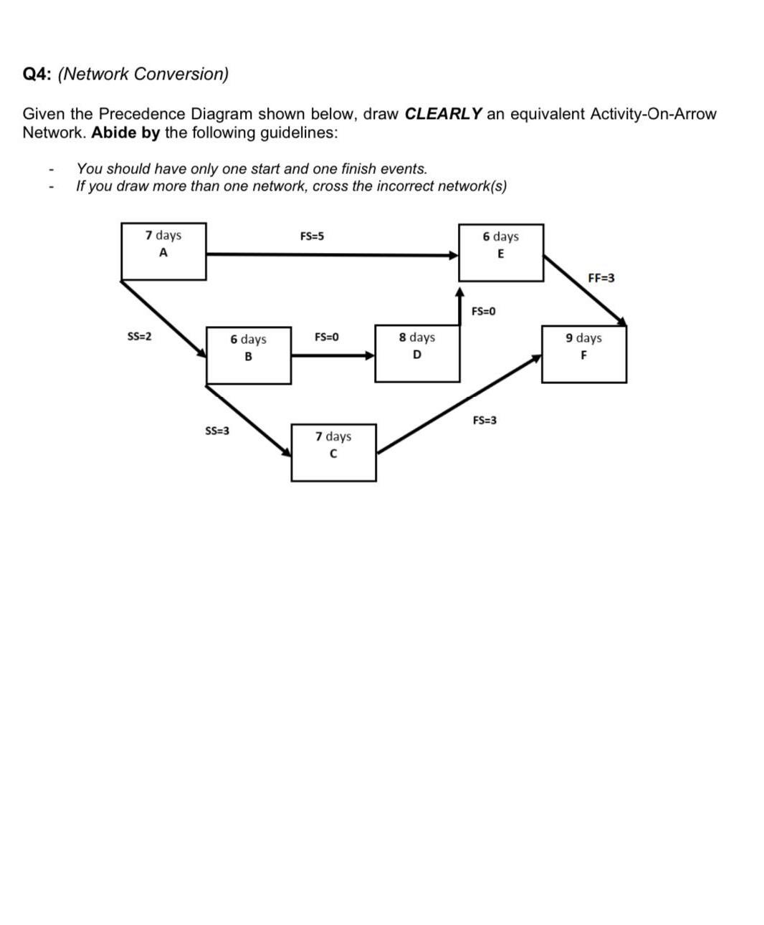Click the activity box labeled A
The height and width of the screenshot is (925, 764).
click(x=163, y=251)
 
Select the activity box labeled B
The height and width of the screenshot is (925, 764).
click(x=248, y=355)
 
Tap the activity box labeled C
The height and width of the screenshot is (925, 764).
click(x=333, y=452)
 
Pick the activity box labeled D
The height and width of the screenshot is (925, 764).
click(x=417, y=354)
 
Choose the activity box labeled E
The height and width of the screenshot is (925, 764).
click(x=500, y=252)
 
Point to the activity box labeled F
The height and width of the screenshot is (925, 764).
click(x=583, y=354)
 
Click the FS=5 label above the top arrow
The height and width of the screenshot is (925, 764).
click(x=312, y=236)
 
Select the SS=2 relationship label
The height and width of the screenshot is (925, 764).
click(x=139, y=336)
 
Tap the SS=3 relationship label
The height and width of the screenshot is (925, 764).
click(x=217, y=431)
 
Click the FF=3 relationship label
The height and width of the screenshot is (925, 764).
click(x=601, y=278)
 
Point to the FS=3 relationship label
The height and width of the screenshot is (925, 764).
click(x=485, y=421)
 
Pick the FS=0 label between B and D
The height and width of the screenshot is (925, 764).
click(x=327, y=337)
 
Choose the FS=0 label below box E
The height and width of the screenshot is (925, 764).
click(x=484, y=312)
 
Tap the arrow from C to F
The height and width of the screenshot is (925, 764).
click(x=459, y=404)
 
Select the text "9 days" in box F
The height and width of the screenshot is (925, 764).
click(x=583, y=338)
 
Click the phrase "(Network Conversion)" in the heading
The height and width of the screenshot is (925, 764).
click(x=143, y=74)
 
